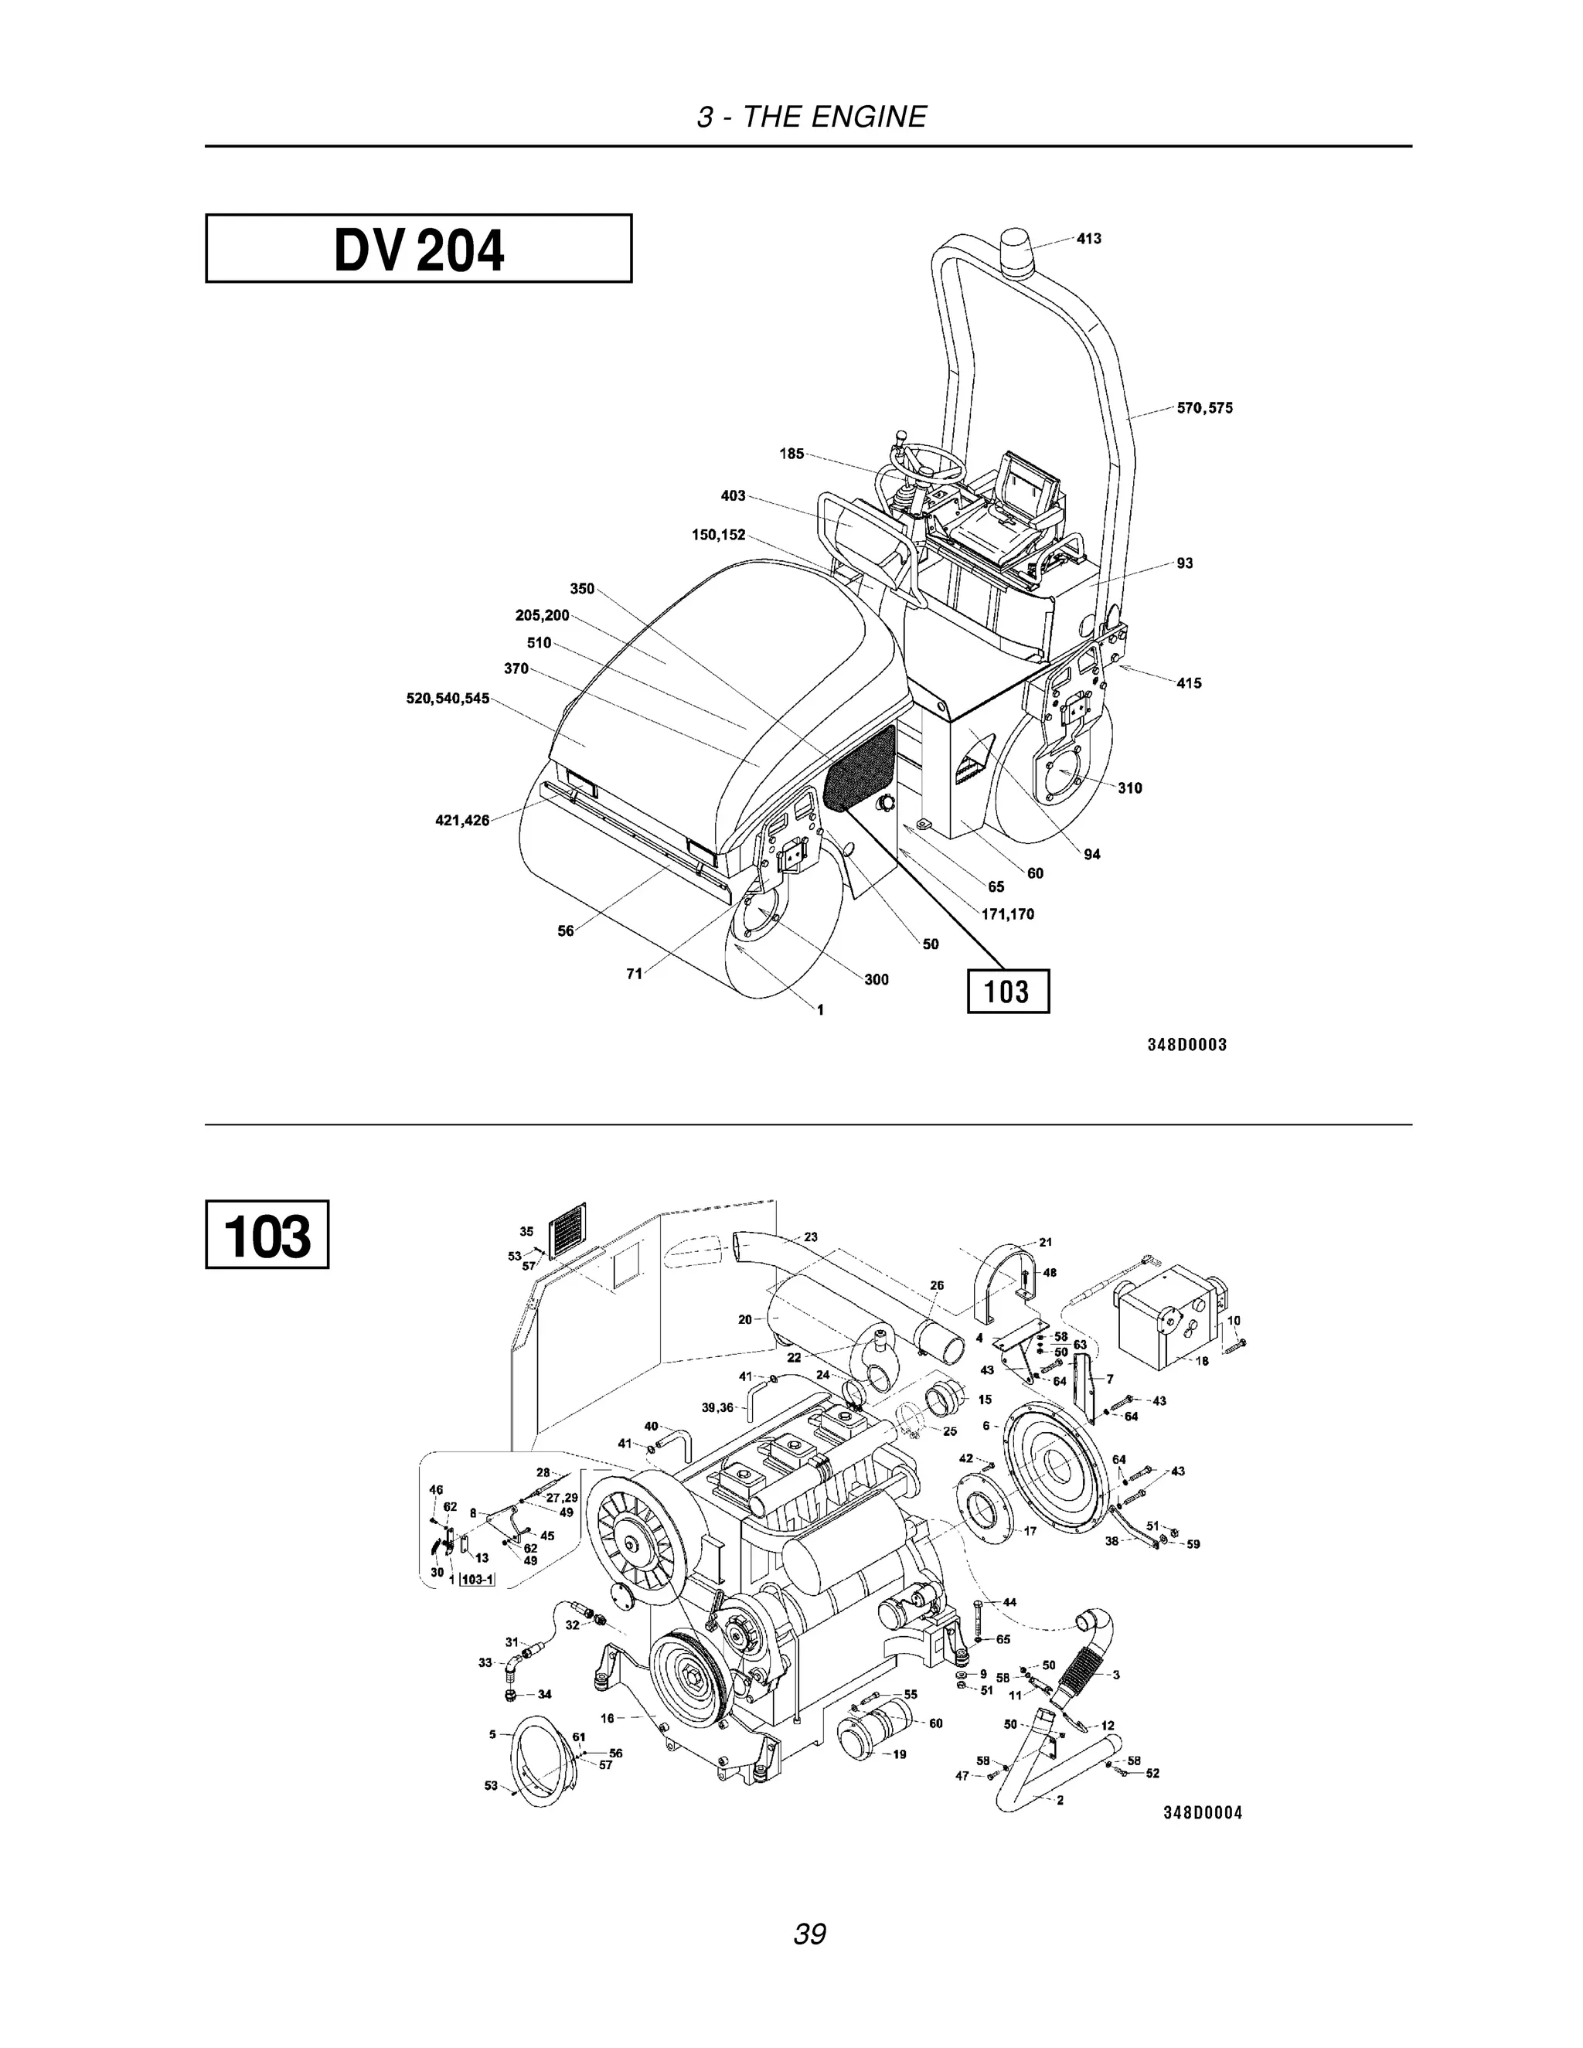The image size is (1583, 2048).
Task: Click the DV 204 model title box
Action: click(x=418, y=249)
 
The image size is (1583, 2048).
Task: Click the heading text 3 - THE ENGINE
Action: click(x=811, y=117)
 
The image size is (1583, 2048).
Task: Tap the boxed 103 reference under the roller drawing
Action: click(x=1007, y=992)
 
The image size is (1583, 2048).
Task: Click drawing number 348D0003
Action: click(x=1186, y=1045)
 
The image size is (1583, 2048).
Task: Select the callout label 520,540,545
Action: click(x=448, y=699)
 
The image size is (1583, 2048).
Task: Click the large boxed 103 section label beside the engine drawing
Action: click(x=267, y=1235)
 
